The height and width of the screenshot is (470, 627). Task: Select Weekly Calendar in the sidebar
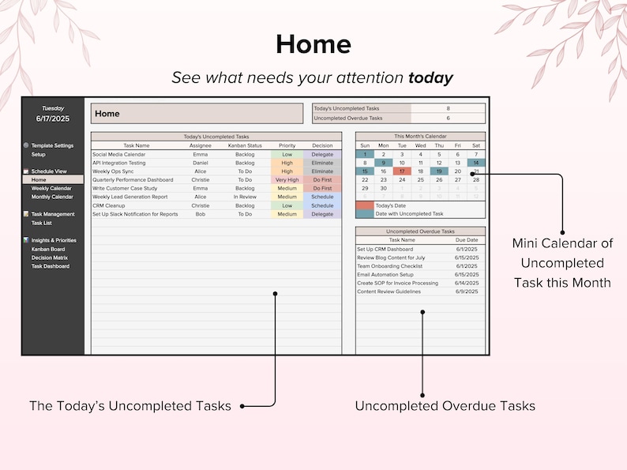[51, 188]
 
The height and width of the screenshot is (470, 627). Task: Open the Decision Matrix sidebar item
[50, 258]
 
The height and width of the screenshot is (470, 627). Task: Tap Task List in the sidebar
[42, 223]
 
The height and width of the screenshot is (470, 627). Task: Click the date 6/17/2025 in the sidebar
[53, 118]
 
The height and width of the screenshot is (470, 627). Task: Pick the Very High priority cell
[287, 180]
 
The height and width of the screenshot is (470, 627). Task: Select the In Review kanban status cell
[245, 197]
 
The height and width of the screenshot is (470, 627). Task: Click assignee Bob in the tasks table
[201, 214]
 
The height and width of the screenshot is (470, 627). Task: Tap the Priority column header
[287, 145]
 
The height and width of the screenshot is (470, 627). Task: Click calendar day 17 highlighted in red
[402, 171]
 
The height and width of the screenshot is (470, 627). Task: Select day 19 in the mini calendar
[439, 171]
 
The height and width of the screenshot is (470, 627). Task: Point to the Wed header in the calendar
[420, 145]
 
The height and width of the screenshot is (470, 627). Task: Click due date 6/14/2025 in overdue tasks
[467, 283]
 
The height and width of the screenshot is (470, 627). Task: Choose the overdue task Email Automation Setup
[386, 274]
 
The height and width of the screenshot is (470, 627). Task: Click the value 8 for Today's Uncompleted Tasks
[448, 108]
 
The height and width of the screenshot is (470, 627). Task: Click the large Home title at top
[313, 44]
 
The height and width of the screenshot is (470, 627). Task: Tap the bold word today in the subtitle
[430, 77]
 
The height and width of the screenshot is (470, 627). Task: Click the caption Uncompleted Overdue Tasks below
[445, 406]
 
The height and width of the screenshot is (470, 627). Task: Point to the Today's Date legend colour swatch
[365, 205]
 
